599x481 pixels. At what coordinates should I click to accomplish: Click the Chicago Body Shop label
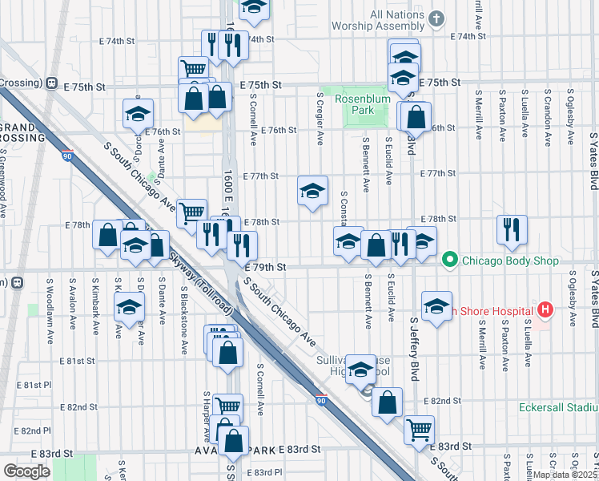pos(505,259)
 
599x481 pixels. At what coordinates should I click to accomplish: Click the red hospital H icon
pos(546,310)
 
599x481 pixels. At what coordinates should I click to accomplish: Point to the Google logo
pos(27,471)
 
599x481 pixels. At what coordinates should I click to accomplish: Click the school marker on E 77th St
pos(313,191)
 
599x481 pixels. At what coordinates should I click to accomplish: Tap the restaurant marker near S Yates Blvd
pos(511,230)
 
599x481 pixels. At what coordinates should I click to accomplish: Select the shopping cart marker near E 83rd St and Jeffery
pos(419,430)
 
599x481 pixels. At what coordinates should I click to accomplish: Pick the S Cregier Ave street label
pos(320,118)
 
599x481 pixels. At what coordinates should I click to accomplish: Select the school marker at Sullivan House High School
pos(361,370)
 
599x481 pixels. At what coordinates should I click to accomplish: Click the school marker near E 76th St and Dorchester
pos(138,114)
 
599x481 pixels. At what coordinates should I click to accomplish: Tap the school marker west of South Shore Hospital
pos(436,306)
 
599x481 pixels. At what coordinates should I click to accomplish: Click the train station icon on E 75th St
pos(51,83)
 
